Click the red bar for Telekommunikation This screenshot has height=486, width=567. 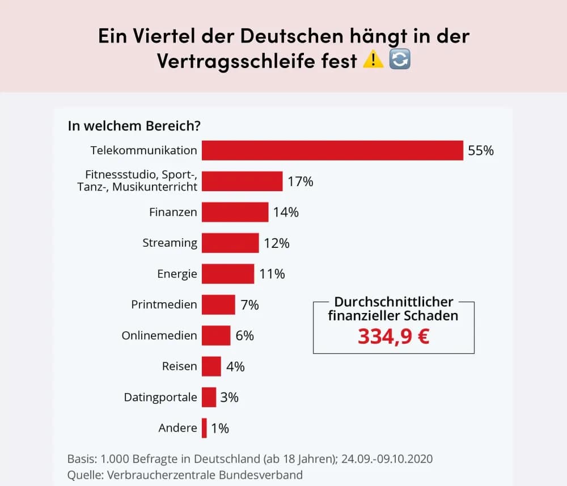coord(332,151)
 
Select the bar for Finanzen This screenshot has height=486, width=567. coord(235,212)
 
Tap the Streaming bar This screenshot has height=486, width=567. coord(230,243)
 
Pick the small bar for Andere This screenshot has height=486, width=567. coord(204,428)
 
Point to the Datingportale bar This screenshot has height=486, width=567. coord(209,397)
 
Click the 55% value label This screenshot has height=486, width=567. coord(481,151)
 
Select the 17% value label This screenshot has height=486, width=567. coord(300,181)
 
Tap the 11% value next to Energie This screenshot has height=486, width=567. coord(272,274)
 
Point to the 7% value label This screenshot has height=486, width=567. coord(249,305)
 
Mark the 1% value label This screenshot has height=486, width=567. coord(220,428)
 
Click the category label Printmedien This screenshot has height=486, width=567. coord(164,305)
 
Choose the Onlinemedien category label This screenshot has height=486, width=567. coord(159,335)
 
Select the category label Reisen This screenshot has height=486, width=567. coord(179,366)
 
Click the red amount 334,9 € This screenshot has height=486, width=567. coord(393,336)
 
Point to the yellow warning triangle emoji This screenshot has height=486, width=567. coord(373,60)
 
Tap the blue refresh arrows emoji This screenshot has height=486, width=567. coord(400,60)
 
